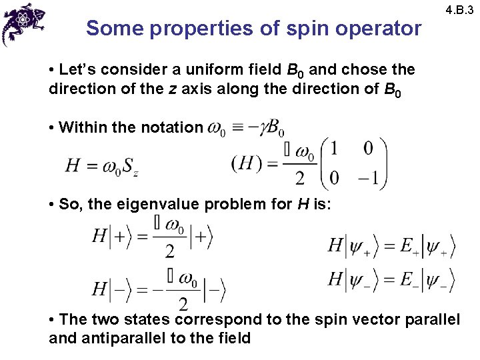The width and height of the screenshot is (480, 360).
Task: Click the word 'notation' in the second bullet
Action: click(169, 127)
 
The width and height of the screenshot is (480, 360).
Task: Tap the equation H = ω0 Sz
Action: click(101, 165)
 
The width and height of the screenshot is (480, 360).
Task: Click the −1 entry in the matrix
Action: click(367, 178)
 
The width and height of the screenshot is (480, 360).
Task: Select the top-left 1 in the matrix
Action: click(334, 148)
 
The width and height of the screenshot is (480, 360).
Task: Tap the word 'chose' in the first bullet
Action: click(372, 69)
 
